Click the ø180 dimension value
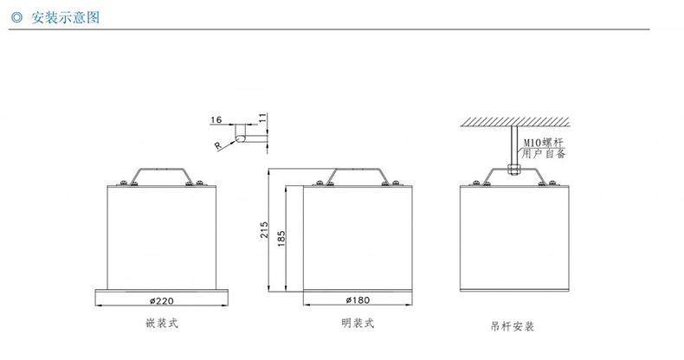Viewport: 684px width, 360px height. [x=358, y=300]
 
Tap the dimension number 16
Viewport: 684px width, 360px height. [x=216, y=120]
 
